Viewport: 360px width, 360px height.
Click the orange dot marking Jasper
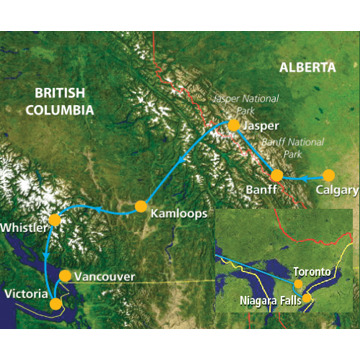click(233, 126)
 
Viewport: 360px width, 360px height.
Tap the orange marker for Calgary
click(328, 175)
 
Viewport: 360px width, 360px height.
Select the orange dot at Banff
click(277, 175)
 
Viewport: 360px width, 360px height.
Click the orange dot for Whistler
click(55, 219)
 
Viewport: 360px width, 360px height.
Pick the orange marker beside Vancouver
click(66, 274)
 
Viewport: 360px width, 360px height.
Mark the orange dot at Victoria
click(57, 302)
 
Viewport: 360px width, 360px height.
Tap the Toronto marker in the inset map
click(299, 283)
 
